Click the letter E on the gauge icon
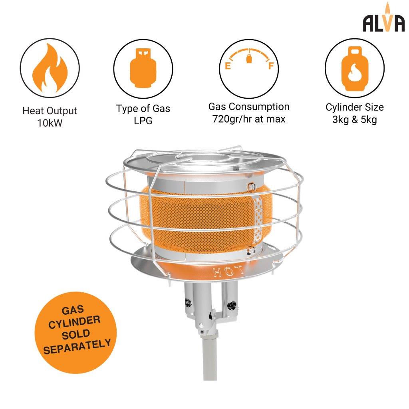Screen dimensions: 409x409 [228, 66]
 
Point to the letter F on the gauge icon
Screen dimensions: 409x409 [271, 66]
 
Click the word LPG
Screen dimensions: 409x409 [143, 121]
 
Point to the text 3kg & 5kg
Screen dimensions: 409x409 [354, 119]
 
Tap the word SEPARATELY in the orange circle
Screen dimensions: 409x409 [77, 347]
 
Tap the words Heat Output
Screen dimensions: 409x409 [50, 111]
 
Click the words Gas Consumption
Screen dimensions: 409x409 [249, 107]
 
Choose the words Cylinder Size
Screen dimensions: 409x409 [354, 107]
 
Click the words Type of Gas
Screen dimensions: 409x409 [143, 108]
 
